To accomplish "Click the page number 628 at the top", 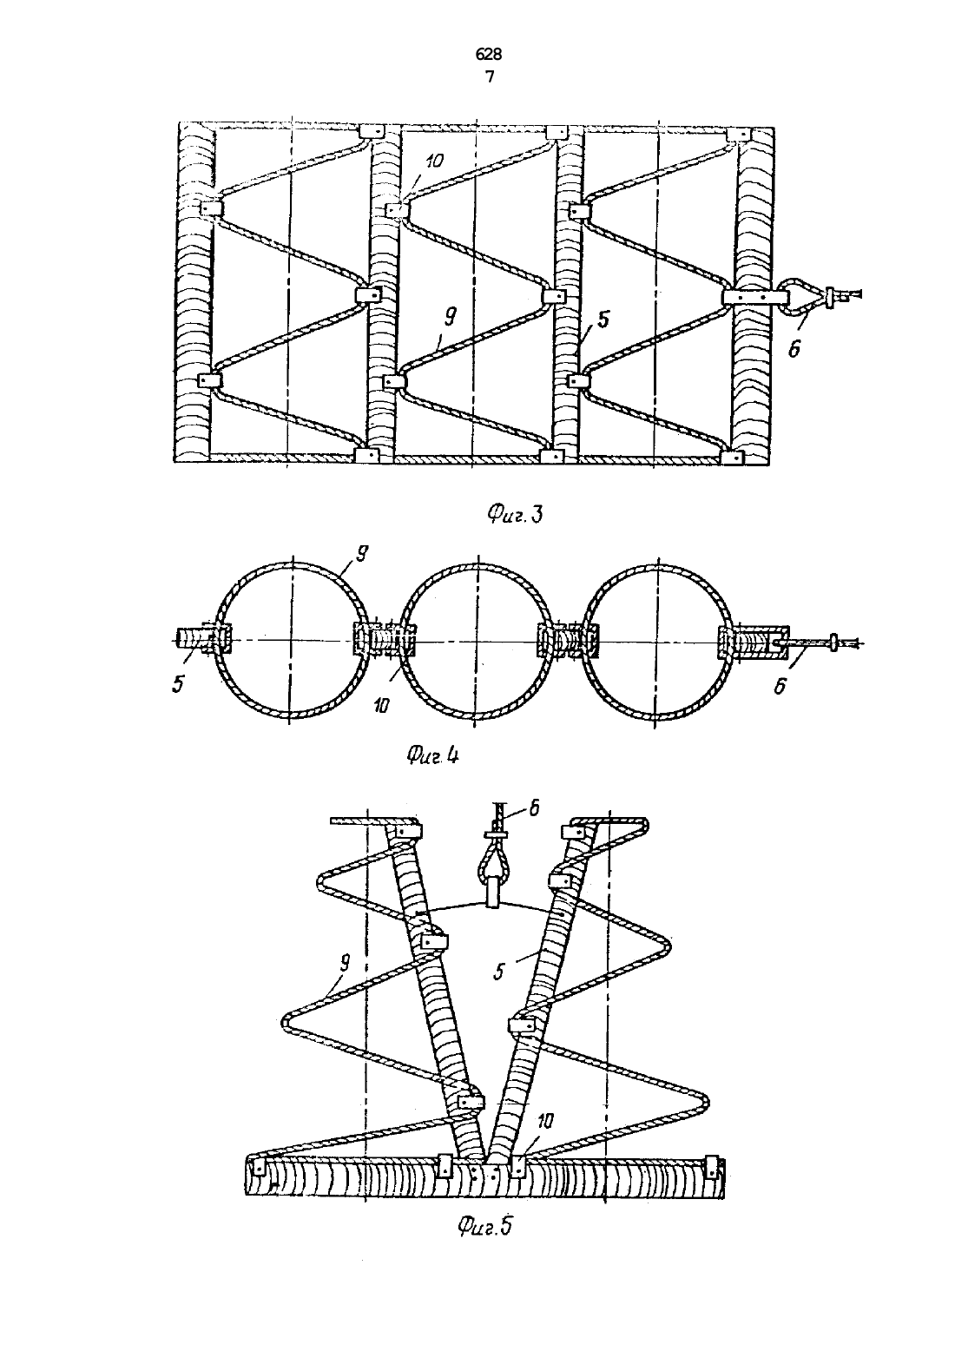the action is click(x=488, y=55).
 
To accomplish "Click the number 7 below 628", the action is click(x=489, y=77).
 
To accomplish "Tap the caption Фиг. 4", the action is click(x=432, y=755).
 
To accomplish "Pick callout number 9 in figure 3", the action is click(x=451, y=315).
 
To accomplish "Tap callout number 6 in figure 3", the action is click(x=794, y=349).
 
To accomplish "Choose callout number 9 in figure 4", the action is click(x=361, y=554).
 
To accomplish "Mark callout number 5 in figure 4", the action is click(x=179, y=684).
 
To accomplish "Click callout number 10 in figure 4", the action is click(x=380, y=705).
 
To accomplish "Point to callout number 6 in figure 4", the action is click(x=780, y=685).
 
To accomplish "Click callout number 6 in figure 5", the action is click(x=534, y=808).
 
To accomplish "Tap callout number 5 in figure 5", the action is click(x=498, y=972).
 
